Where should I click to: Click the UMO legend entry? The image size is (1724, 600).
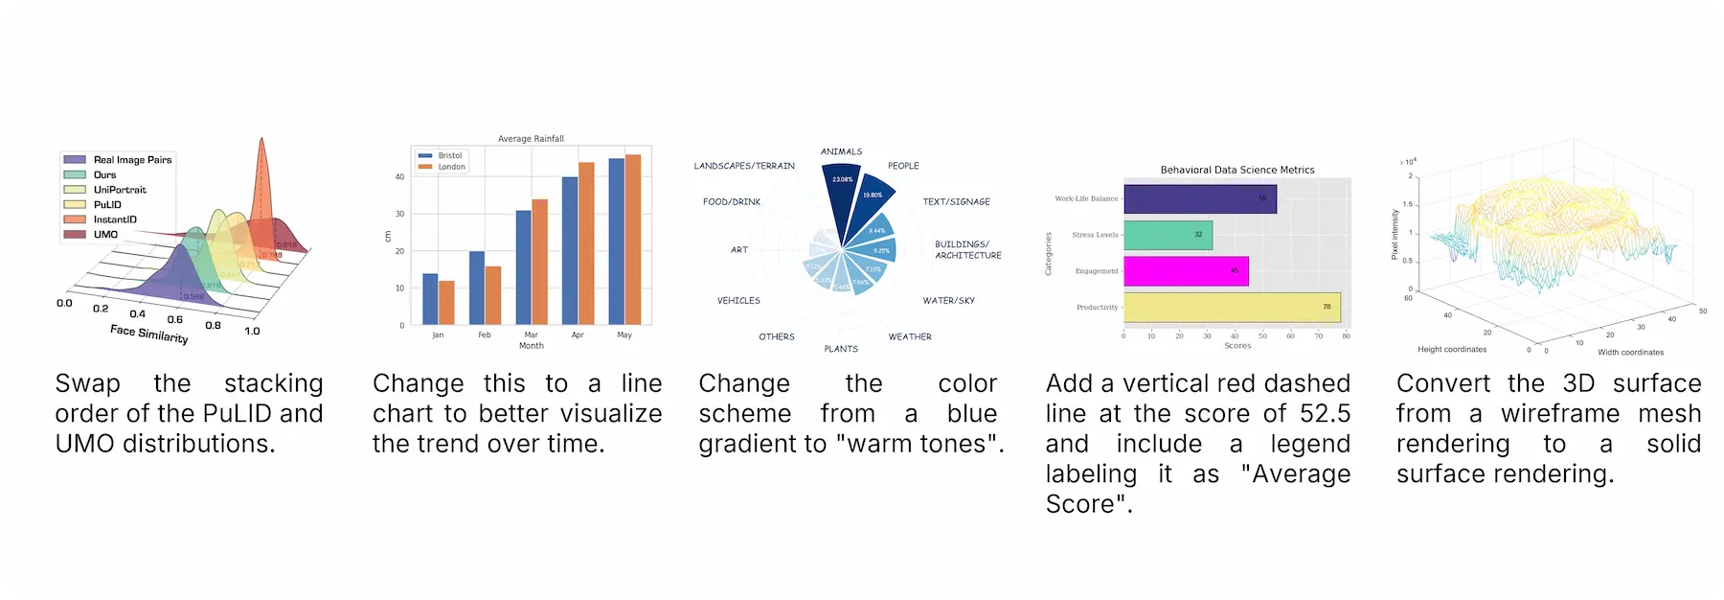[x=105, y=235]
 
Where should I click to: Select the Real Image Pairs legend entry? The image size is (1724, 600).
[x=132, y=160]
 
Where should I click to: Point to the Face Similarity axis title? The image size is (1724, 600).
[x=148, y=334]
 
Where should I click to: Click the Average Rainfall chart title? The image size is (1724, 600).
[x=531, y=139]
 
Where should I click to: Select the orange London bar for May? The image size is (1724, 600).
[x=633, y=240]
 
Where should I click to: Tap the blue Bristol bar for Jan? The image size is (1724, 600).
[x=430, y=299]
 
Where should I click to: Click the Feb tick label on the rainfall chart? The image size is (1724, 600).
[x=485, y=335]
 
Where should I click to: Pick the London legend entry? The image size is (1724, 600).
[x=451, y=167]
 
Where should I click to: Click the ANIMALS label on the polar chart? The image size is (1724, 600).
[x=841, y=151]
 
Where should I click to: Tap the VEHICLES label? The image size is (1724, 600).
[x=738, y=301]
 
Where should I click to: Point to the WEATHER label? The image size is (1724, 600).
[x=910, y=337]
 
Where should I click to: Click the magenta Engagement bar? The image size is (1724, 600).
[x=1186, y=271]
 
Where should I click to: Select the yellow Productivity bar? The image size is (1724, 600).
[x=1232, y=308]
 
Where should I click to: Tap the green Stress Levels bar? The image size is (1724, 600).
[x=1168, y=235]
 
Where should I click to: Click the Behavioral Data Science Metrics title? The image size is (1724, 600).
[x=1237, y=170]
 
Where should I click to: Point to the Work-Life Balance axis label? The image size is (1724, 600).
[x=1086, y=199]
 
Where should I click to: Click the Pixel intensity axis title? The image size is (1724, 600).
[x=1395, y=236]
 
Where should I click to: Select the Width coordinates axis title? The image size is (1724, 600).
[x=1630, y=353]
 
